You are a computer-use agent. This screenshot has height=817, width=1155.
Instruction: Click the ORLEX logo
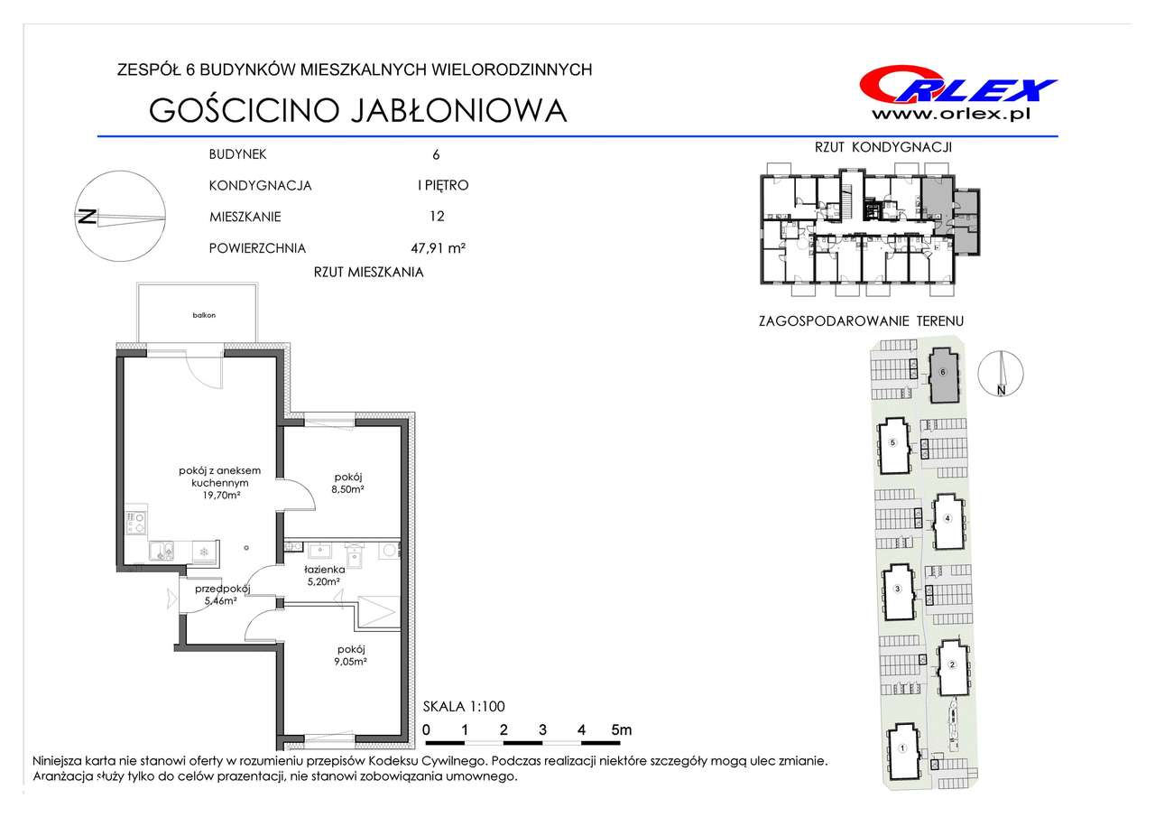point(957,85)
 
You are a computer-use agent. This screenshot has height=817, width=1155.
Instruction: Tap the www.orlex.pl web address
point(951,115)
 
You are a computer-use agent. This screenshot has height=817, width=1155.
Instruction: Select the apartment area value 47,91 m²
point(438,248)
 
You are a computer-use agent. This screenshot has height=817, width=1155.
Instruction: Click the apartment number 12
point(437,216)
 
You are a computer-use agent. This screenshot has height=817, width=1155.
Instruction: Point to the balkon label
point(204,315)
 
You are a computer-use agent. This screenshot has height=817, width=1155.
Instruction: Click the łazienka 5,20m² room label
point(324,576)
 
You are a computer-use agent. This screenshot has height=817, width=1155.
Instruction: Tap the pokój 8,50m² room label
point(348,483)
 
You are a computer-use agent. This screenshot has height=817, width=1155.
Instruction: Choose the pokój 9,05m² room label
point(351,655)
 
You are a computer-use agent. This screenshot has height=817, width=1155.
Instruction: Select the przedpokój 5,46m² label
point(222,594)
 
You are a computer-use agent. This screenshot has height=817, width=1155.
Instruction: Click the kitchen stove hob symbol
point(137,523)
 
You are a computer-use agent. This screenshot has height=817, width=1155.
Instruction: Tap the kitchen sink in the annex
point(162,552)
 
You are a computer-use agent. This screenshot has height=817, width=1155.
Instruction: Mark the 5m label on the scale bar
point(622,729)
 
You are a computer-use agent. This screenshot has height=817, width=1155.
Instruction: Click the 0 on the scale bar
point(426,729)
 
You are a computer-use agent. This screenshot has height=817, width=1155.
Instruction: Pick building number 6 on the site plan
point(943,372)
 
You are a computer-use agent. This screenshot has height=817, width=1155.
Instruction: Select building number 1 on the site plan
point(902,748)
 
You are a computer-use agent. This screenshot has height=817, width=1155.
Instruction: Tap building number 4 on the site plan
point(947,518)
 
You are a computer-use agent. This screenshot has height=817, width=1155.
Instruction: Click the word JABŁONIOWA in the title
point(458,110)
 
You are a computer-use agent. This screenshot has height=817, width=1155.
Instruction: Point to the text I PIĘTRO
point(443,185)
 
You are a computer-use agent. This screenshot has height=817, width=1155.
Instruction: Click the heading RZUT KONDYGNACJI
point(882,147)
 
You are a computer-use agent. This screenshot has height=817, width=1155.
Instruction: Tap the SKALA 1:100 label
point(464,706)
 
